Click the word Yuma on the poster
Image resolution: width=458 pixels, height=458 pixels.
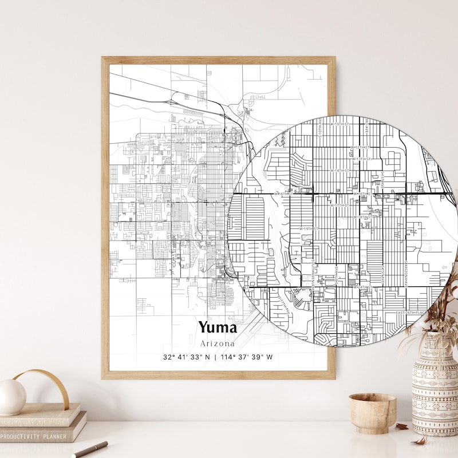(x=218, y=327)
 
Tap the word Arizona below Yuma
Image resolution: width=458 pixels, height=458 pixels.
(x=218, y=343)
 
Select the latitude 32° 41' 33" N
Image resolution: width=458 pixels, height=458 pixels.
(x=187, y=357)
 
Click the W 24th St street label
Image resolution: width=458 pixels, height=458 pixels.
(x=361, y=287)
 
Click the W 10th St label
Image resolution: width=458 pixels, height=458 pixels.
(x=340, y=124)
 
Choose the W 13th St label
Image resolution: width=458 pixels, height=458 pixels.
(x=362, y=159)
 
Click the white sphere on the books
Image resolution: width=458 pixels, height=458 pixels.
(x=13, y=396)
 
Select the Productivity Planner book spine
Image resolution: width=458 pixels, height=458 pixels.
(x=40, y=436)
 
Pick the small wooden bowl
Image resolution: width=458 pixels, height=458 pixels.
(x=372, y=412)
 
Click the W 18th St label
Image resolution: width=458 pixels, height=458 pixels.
(x=362, y=217)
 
